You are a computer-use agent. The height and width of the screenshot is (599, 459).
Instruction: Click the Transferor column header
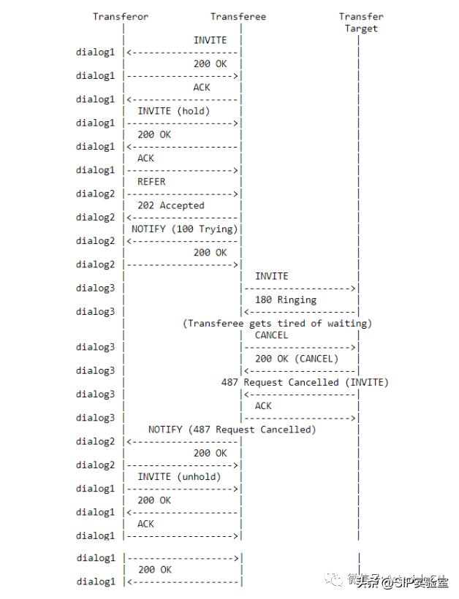coord(120,17)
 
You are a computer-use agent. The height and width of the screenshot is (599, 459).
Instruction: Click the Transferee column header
coord(238,17)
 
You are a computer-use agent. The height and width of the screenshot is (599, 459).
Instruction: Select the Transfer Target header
coord(361,23)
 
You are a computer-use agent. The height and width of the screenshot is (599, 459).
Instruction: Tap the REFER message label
coord(151,182)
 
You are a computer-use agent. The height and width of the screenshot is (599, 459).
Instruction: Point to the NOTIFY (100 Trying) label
coord(185,229)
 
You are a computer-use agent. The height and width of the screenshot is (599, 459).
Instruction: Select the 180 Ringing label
coord(286,299)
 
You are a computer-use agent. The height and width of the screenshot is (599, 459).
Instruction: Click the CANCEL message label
coord(271,335)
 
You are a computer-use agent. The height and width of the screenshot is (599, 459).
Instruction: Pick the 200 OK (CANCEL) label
coord(297,359)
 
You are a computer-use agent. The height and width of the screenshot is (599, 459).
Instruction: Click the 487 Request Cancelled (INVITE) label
coord(305,382)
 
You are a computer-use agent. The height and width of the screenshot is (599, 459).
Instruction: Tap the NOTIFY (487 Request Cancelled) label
coord(232,430)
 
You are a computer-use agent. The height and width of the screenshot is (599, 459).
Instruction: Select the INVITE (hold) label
coord(173,111)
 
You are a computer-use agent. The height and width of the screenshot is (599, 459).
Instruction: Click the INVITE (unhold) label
coord(179,476)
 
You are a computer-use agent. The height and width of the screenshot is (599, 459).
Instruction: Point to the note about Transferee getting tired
coord(277,323)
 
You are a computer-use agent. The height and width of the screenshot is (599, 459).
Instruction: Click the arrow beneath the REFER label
coord(183,194)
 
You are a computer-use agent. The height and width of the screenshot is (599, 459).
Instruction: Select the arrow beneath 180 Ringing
coord(300,312)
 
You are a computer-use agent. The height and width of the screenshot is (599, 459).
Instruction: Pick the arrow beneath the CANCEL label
coord(300,347)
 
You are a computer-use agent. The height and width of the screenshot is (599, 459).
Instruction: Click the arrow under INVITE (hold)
coord(183,123)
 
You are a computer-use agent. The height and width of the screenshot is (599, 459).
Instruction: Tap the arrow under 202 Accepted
coord(183,218)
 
